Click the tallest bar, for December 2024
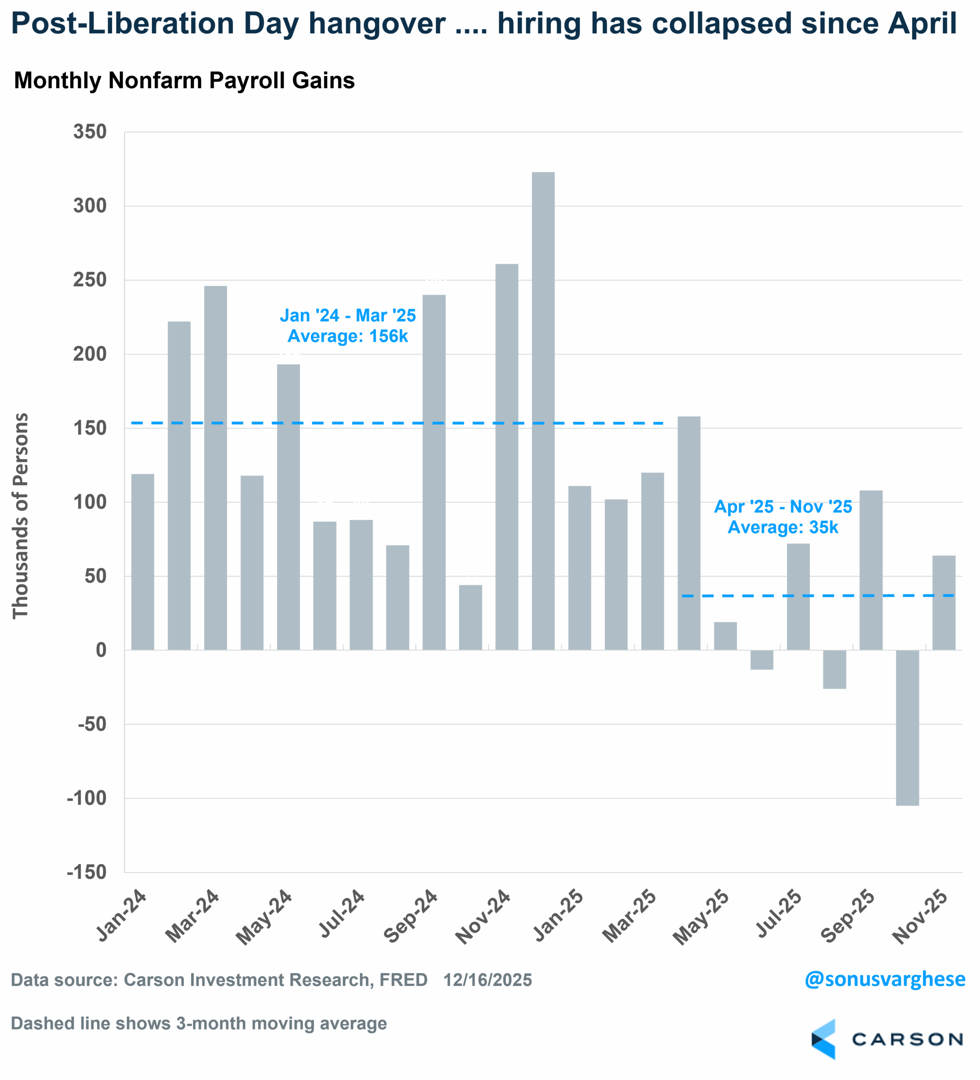tap(543, 411)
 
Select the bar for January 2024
tap(143, 562)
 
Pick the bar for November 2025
tap(944, 603)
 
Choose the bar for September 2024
tap(434, 472)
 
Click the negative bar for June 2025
tap(762, 660)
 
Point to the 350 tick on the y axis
tap(90, 132)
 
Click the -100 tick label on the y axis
tap(87, 798)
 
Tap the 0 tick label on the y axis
tap(101, 651)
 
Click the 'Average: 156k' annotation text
tap(347, 336)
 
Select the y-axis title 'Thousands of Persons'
tap(20, 516)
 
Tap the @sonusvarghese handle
tap(884, 979)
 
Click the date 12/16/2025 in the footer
tap(487, 980)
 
